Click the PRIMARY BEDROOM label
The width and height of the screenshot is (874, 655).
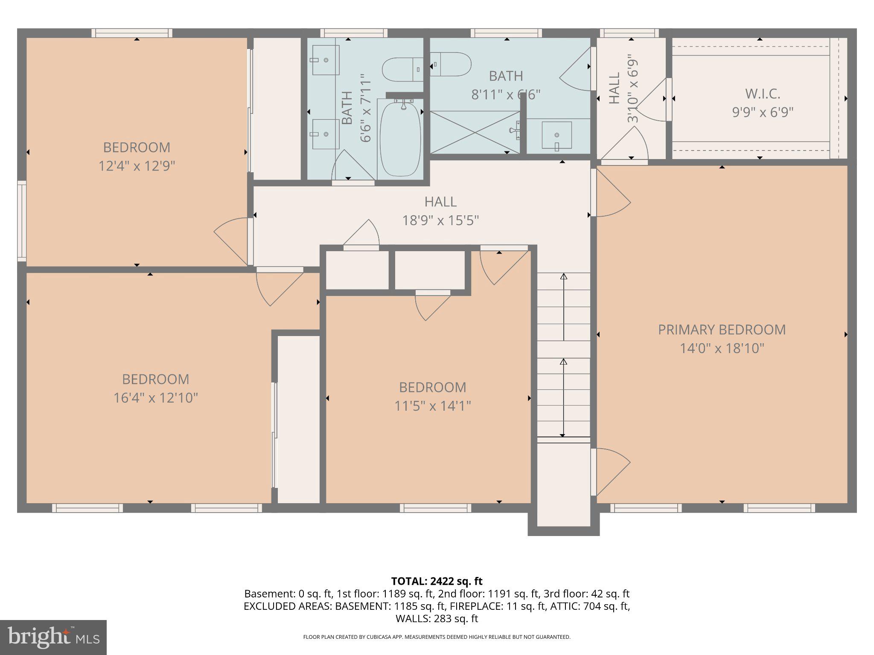(x=722, y=330)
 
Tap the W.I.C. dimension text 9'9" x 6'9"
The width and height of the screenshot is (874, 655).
(x=763, y=113)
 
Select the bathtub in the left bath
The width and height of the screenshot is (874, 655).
(x=400, y=138)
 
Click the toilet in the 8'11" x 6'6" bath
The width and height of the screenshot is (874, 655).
(x=451, y=64)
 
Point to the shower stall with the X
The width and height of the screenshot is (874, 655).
(x=475, y=132)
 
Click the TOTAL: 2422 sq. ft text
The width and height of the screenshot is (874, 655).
(x=437, y=581)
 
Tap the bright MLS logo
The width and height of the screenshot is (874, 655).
(x=53, y=637)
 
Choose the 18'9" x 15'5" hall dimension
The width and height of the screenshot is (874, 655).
(x=440, y=220)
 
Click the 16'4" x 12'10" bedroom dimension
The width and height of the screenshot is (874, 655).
(x=155, y=398)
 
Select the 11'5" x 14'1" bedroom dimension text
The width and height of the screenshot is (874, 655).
(x=432, y=406)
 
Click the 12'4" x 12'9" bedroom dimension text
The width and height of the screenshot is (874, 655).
(x=137, y=165)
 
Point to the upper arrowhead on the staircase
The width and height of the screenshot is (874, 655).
(x=563, y=276)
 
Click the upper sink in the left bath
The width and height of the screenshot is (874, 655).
(x=326, y=60)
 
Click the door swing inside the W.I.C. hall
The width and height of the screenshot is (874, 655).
(x=650, y=100)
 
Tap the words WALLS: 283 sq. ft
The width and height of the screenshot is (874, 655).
(x=437, y=618)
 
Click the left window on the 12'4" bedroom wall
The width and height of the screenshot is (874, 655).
(x=22, y=220)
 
